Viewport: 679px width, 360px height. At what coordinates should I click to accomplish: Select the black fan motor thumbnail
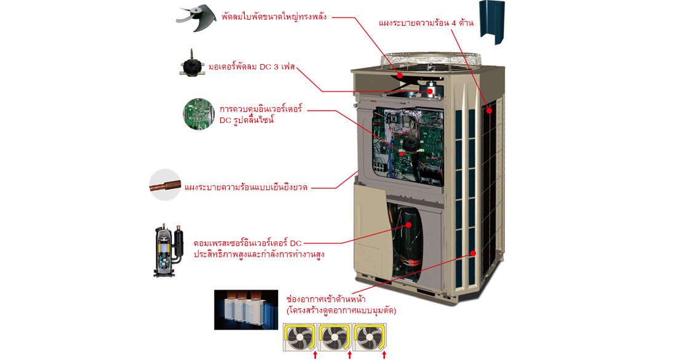click(192, 63)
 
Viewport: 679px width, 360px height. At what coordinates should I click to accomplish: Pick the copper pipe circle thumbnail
click(165, 185)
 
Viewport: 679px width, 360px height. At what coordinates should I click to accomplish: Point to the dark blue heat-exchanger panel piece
click(493, 23)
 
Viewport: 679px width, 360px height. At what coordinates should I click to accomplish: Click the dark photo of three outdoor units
click(246, 310)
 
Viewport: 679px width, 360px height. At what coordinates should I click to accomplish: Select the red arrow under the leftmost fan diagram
click(316, 355)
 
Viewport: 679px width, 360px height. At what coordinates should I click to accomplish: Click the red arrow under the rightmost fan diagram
click(384, 355)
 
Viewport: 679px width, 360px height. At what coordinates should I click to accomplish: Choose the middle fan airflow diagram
click(335, 337)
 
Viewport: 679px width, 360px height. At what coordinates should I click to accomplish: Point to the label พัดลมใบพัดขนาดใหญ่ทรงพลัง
click(274, 17)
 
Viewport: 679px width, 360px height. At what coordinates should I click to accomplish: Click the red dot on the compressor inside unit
click(409, 225)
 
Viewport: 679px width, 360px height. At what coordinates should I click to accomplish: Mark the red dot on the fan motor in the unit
click(431, 91)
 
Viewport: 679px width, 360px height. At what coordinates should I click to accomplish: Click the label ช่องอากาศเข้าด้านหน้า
click(326, 299)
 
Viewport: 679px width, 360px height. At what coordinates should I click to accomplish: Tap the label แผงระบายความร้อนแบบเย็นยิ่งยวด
click(246, 188)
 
